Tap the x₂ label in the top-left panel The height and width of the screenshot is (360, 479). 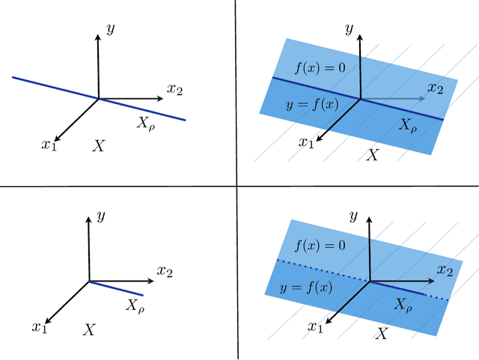click(174, 90)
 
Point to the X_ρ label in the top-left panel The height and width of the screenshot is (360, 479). click(146, 123)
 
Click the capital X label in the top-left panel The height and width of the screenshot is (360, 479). click(98, 146)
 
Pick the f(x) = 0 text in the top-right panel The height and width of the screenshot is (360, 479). click(320, 68)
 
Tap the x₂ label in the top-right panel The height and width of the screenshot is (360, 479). click(435, 88)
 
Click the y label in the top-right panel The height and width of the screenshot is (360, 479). click(349, 29)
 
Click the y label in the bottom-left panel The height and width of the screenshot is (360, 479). click(101, 216)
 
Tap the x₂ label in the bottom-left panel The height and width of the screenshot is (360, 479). click(165, 270)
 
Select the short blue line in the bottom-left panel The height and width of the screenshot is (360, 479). click(116, 287)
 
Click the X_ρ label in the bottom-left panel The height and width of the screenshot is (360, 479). click(136, 305)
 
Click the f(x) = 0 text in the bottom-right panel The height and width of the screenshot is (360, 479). click(320, 245)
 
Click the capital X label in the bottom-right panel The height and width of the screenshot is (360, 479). click(382, 335)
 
